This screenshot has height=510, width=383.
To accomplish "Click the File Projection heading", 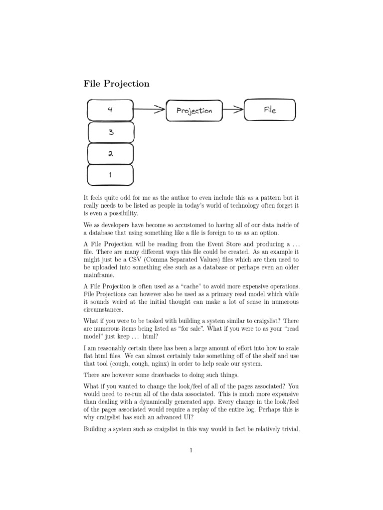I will (x=116, y=84).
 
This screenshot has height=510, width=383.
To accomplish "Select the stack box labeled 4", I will (x=110, y=109).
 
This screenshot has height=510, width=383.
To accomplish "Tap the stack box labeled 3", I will (x=110, y=132).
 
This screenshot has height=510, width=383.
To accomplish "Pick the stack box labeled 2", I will (x=110, y=153).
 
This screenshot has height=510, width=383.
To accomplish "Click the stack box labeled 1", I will (x=110, y=175).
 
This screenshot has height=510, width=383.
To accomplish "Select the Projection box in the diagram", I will (x=194, y=111).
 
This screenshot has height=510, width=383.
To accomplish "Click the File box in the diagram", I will (x=270, y=110).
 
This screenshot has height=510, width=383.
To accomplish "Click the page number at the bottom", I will (x=191, y=451).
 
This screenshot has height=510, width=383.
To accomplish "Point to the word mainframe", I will (x=99, y=275).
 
